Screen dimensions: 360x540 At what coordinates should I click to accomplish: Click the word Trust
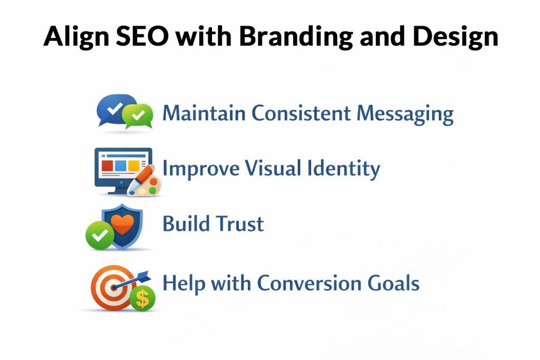click(x=240, y=225)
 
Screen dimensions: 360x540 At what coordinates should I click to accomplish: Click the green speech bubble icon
click(x=138, y=116)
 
